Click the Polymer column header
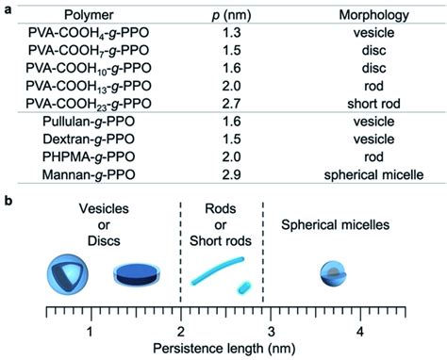[x=92, y=16]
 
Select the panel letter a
[x=8, y=8]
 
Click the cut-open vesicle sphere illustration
[x=66, y=274]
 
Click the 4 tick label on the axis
[x=360, y=331]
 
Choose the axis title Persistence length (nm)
[x=224, y=350]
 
